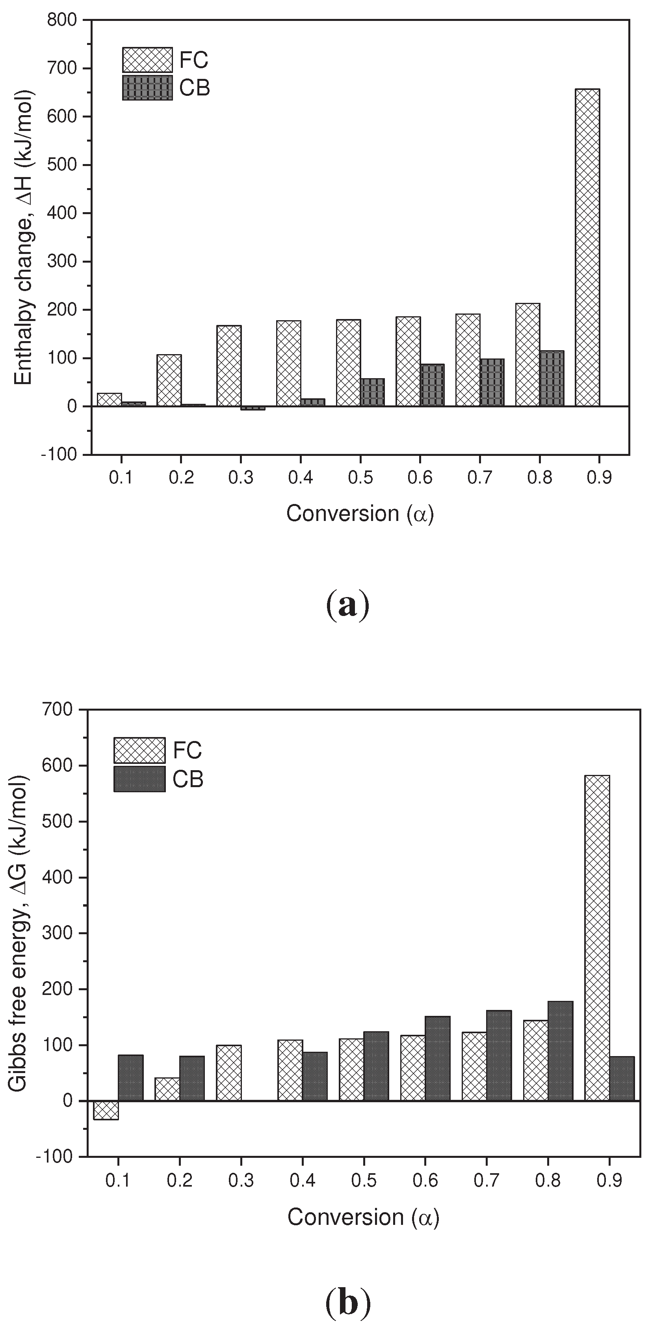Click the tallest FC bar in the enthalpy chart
coord(587,247)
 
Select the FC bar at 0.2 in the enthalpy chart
coord(169,380)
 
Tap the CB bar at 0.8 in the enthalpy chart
coord(552,379)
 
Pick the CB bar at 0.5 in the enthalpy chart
coord(373,392)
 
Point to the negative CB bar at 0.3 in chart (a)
coord(253,408)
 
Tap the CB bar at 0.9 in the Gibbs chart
coord(622,1079)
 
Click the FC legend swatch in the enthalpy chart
coord(147,60)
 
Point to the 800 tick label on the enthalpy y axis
coord(62,20)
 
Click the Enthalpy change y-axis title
coord(23,237)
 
